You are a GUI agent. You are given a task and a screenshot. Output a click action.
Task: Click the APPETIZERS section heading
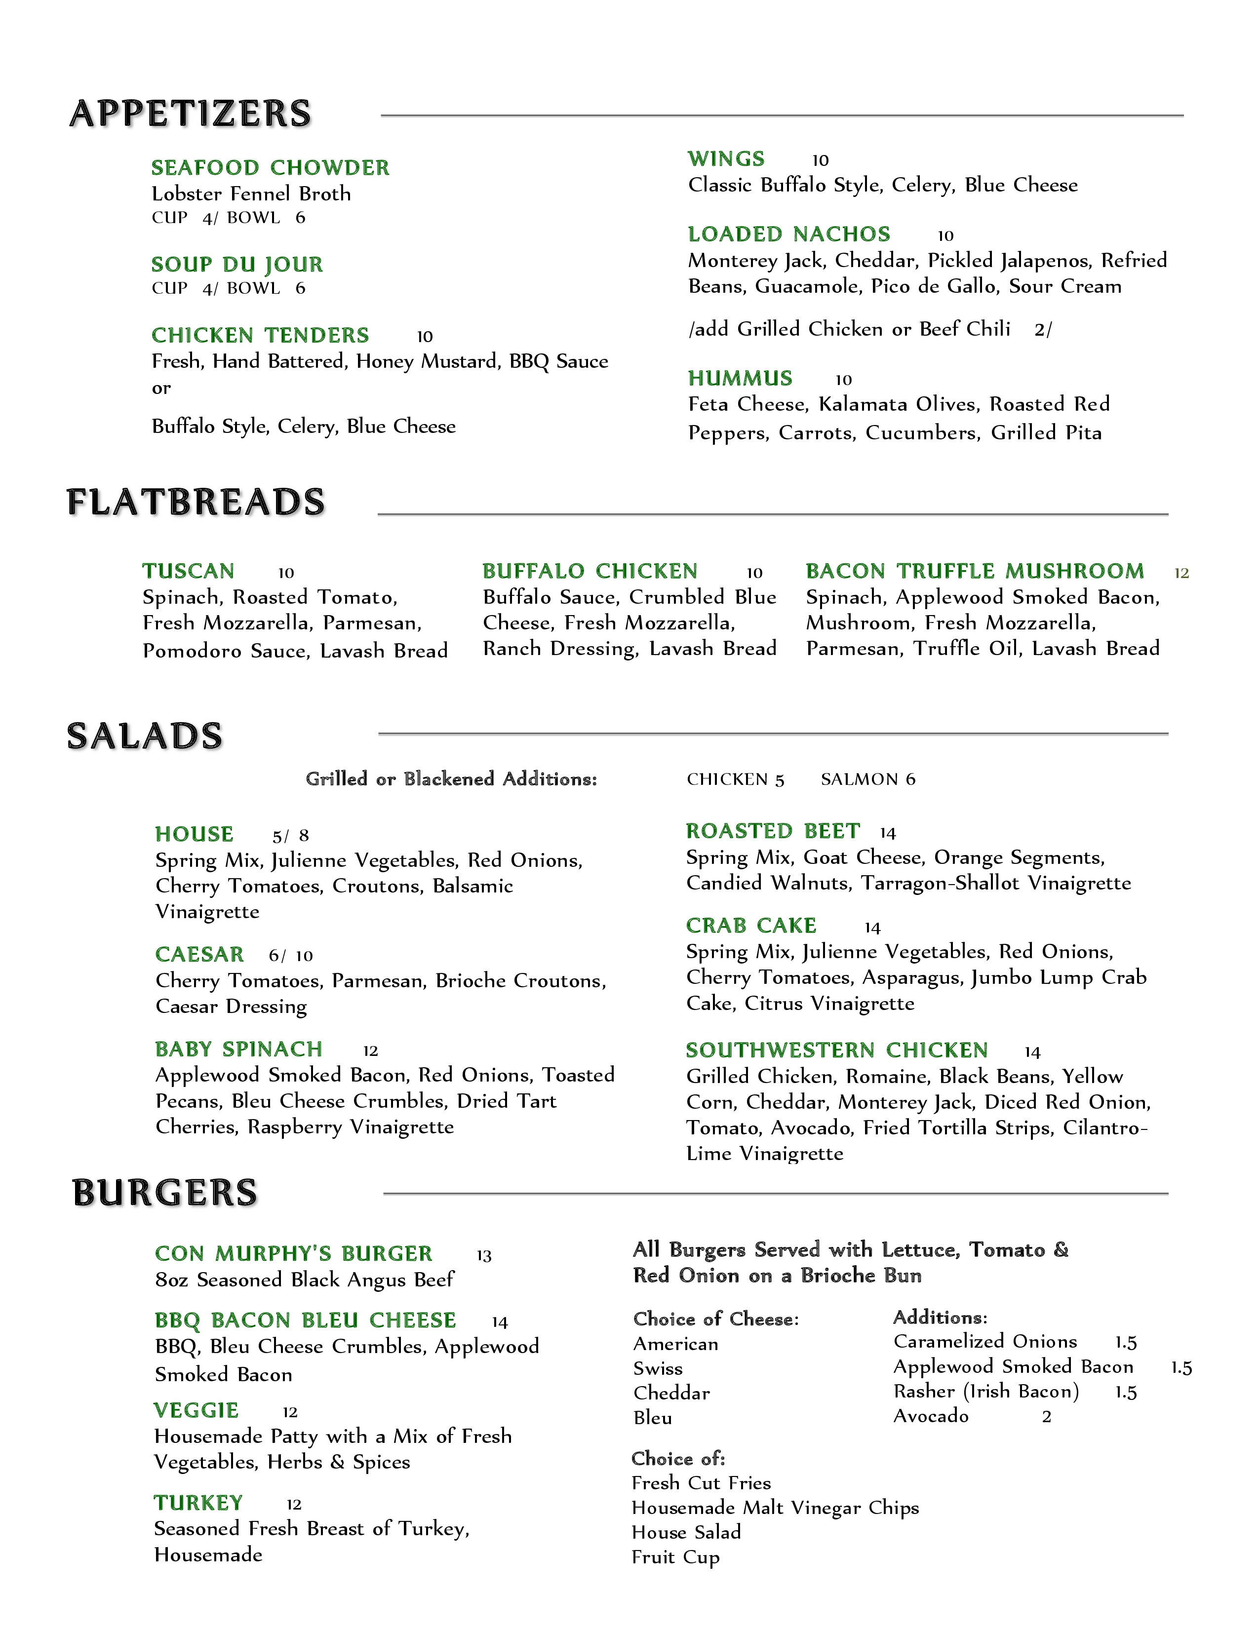[190, 114]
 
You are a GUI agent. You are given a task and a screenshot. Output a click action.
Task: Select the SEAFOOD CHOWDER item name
[270, 168]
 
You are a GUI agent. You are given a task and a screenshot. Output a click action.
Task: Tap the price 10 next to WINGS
[821, 160]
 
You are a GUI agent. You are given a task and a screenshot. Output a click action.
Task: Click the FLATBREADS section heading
[196, 502]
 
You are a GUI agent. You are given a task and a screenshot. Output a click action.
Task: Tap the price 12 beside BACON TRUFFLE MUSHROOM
[1181, 573]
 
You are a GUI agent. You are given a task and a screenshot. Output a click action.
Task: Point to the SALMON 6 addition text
[868, 779]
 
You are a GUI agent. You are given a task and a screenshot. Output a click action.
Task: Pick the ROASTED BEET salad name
[773, 831]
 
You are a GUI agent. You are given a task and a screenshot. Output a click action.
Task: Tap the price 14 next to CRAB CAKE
[872, 928]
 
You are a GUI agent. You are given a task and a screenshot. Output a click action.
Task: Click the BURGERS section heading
[165, 1193]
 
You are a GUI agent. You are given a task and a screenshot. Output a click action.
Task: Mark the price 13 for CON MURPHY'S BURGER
[484, 1256]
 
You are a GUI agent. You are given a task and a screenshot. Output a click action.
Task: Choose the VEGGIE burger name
[196, 1410]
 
